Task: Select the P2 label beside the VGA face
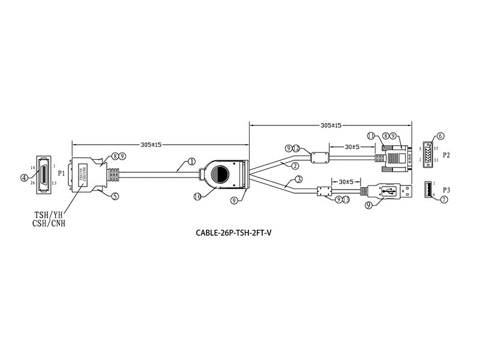click(446, 154)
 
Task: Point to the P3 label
click(446, 190)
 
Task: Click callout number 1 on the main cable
click(191, 161)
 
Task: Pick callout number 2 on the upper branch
click(294, 164)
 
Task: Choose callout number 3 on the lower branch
click(298, 179)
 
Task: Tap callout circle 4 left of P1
click(25, 177)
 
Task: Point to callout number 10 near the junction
click(198, 196)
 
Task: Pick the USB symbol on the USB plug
click(386, 191)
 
